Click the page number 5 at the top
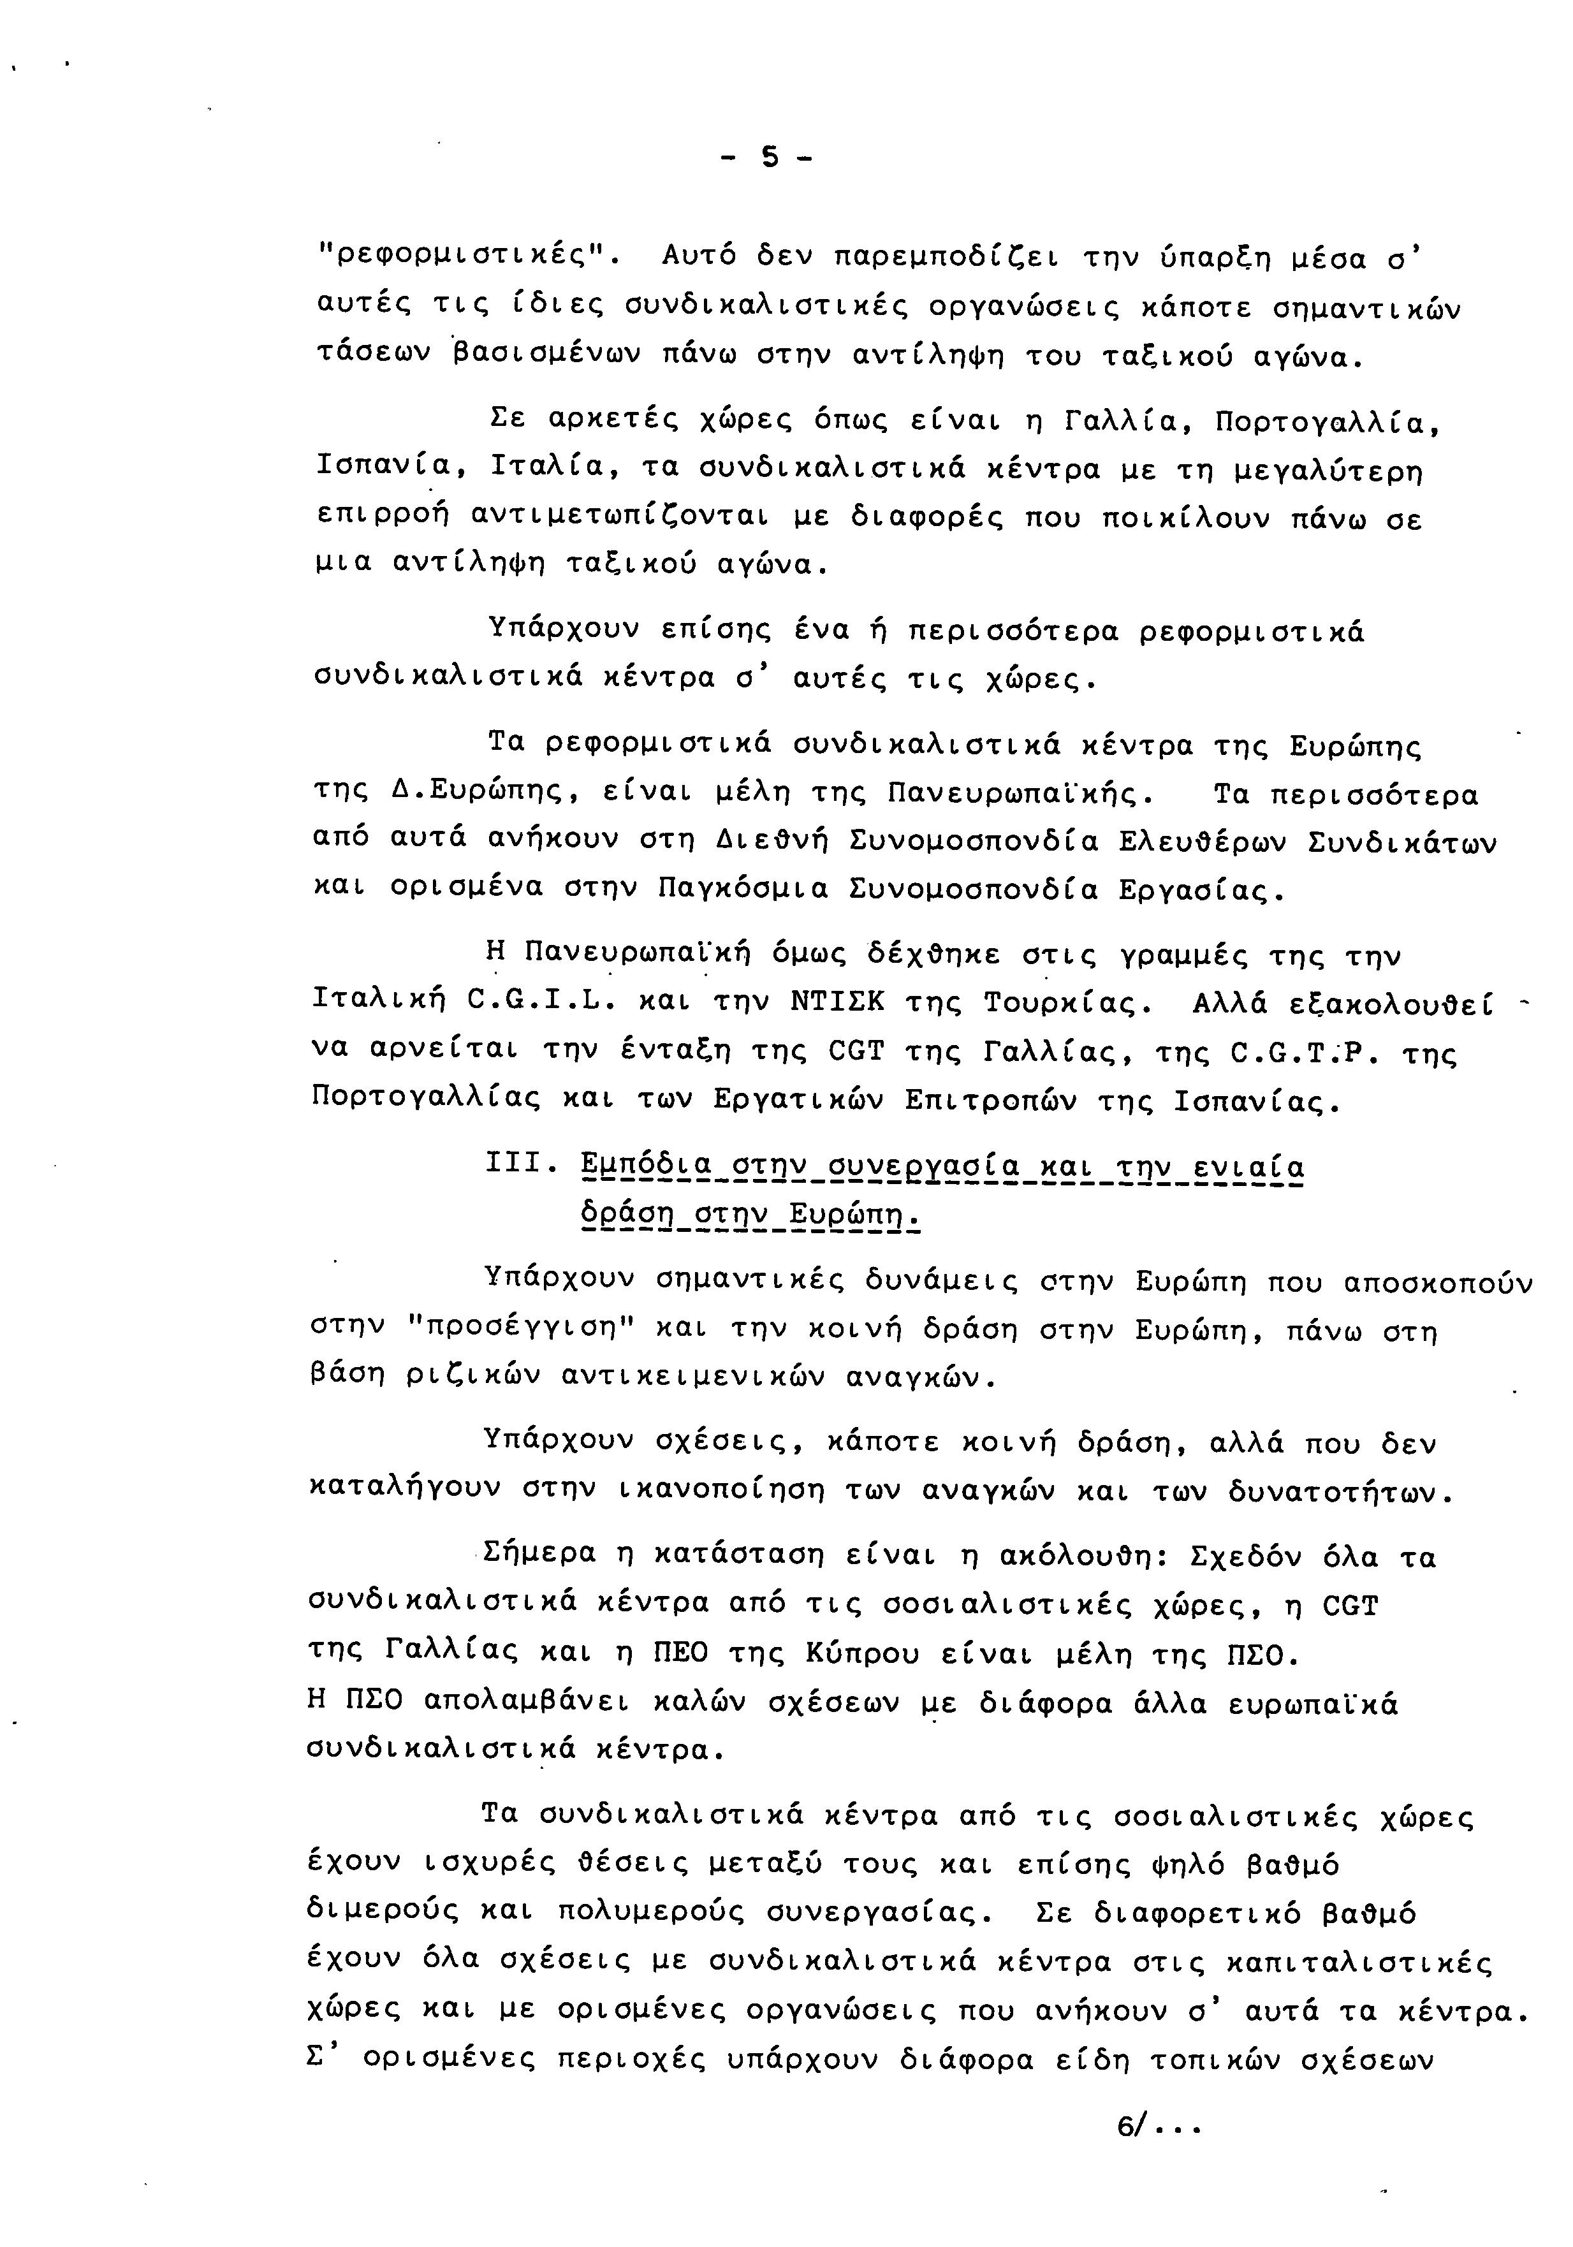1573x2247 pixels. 770,157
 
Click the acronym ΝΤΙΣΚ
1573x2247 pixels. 836,1003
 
